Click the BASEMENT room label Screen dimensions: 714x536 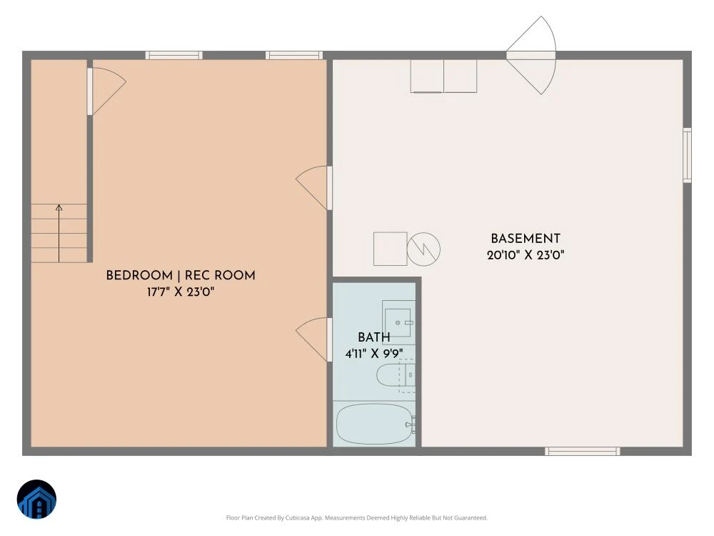coord(525,239)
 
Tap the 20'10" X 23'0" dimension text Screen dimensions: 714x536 coord(526,255)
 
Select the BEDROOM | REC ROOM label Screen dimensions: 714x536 coord(181,275)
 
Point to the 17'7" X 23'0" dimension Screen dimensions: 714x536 coord(181,292)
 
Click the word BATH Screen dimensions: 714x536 coord(374,337)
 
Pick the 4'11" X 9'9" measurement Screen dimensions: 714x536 coord(374,354)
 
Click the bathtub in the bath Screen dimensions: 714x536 coord(375,424)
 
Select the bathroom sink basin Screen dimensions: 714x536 coord(398,323)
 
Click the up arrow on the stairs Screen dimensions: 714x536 coord(59,234)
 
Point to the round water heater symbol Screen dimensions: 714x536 coord(423,249)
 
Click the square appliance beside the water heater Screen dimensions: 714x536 coord(391,249)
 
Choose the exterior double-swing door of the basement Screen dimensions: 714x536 coord(531,55)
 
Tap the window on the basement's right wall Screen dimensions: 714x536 coord(687,155)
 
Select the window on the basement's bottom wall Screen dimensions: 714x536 coord(583,451)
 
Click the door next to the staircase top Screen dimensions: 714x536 coord(106,91)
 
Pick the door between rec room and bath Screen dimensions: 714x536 coord(313,339)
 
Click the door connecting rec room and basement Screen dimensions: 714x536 coord(313,188)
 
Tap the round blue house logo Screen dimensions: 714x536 coord(36,499)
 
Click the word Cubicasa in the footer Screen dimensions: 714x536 coord(298,517)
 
